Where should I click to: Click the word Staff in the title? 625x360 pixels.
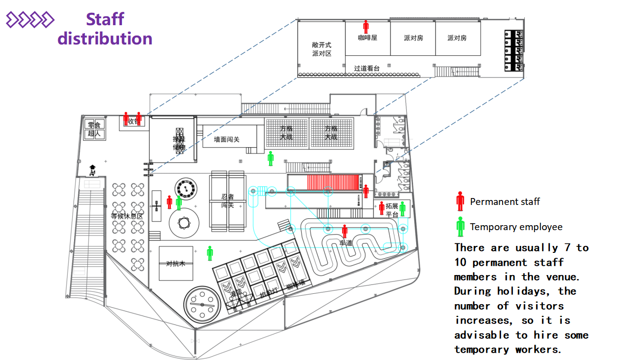(105, 19)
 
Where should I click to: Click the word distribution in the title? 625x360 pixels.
(105, 39)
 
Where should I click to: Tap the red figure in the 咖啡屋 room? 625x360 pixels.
(366, 27)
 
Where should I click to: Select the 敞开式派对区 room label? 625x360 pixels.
(321, 49)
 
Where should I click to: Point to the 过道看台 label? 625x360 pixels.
(367, 68)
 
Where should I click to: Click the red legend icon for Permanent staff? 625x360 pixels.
(460, 201)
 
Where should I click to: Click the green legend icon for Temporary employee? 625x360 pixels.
(460, 227)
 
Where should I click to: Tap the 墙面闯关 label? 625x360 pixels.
(227, 140)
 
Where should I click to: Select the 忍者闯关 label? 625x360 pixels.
(228, 200)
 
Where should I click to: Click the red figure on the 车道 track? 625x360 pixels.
(345, 231)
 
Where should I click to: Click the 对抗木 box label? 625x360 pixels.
(176, 264)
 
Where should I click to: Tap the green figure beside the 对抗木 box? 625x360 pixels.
(210, 253)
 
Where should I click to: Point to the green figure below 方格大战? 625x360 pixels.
(271, 159)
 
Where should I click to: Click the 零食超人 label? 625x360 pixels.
(94, 129)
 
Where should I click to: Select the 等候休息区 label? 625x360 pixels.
(127, 216)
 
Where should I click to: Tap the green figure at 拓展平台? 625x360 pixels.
(402, 209)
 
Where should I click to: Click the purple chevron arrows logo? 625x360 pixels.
(30, 20)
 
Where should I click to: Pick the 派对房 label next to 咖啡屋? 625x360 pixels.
(413, 38)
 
